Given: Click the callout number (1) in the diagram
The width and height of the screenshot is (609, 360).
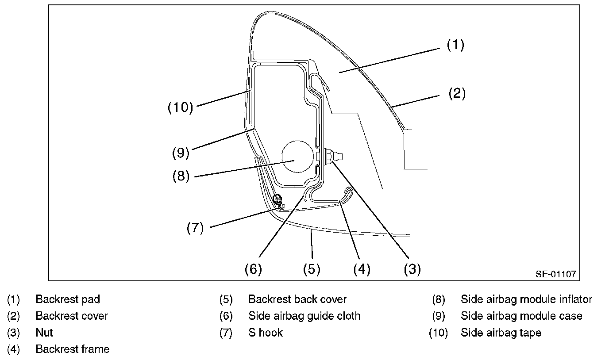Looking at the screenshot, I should (455, 45).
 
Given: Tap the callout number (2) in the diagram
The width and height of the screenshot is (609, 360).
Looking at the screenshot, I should (457, 94).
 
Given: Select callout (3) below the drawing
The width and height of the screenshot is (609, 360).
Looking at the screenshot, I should (412, 269).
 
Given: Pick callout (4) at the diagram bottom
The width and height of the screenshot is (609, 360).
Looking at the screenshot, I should (362, 269).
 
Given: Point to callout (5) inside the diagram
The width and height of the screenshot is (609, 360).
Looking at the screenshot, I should (312, 269).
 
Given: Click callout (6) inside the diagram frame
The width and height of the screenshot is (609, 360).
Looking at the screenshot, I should (253, 269).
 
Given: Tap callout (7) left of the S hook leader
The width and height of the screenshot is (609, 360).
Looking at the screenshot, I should (195, 228).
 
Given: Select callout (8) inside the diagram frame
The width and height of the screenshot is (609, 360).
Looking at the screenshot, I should (181, 176).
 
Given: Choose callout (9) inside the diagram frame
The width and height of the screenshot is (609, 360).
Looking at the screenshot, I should (181, 153).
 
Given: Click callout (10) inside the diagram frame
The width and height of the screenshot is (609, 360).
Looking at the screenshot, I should (180, 107).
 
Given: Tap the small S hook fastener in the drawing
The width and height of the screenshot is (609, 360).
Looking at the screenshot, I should (278, 201).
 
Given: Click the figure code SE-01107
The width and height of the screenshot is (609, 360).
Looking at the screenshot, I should (556, 274).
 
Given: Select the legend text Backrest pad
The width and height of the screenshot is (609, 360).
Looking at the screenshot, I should (68, 299).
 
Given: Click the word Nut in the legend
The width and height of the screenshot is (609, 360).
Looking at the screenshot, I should (44, 333).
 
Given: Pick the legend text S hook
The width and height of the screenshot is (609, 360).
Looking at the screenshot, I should (266, 333).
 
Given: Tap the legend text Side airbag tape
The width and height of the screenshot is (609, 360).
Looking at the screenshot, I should (501, 333).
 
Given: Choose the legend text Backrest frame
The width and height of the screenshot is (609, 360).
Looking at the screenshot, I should (73, 349).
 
